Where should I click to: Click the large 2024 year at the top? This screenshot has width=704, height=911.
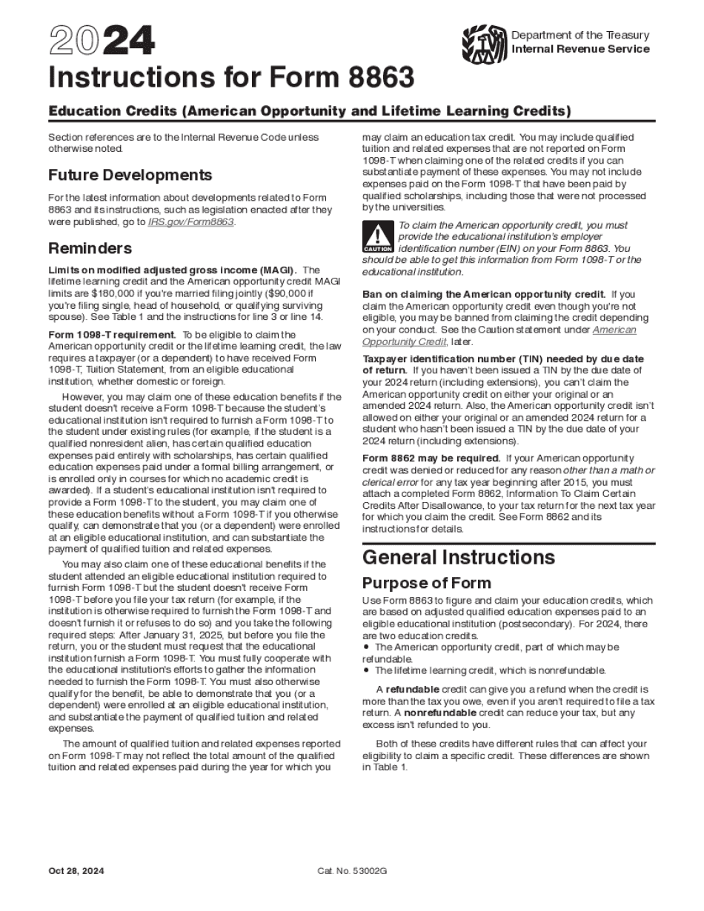pos(102,43)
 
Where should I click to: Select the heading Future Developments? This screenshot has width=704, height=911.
pos(130,176)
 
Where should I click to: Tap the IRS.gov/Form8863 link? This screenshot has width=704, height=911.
pos(202,222)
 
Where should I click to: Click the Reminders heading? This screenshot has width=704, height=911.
pos(90,247)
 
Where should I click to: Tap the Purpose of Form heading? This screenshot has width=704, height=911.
pos(426,582)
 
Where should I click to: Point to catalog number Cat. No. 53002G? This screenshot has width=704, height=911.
pos(352,871)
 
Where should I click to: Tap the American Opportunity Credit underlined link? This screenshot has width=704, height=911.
pos(614,330)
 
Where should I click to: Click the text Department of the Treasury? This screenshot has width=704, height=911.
pos(580,35)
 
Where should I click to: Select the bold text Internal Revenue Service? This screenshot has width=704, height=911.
pos(580,49)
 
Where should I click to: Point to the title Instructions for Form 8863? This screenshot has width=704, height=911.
pos(230,78)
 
